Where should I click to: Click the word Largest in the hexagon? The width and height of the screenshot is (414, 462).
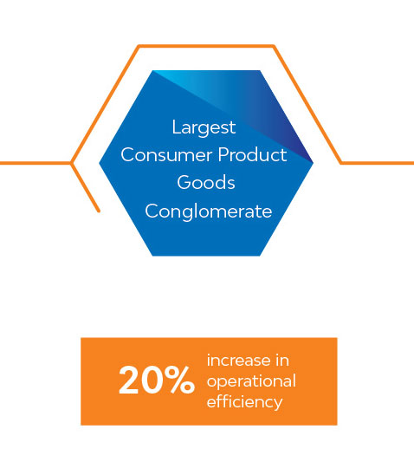tap(204, 128)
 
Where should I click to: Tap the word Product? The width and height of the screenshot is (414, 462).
tap(252, 154)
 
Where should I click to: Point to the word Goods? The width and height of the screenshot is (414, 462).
tap(206, 182)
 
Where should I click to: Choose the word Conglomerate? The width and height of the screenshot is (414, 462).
tap(209, 211)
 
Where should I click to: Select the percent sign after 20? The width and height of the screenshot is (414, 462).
tap(179, 380)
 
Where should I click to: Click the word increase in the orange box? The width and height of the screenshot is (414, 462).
tap(238, 361)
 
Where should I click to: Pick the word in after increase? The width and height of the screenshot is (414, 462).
tap(282, 361)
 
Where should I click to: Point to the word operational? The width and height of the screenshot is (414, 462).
tap(251, 382)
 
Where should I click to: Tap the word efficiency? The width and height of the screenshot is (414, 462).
tap(245, 402)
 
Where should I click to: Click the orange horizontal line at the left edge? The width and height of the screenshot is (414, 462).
tap(36, 163)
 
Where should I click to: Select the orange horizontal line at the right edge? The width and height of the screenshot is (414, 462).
tap(378, 163)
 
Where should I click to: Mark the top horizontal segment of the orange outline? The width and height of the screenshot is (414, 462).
tap(206, 46)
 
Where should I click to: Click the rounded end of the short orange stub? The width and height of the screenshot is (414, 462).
tap(99, 211)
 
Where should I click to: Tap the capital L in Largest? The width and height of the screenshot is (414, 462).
tap(176, 127)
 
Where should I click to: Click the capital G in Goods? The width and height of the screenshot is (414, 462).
tap(184, 182)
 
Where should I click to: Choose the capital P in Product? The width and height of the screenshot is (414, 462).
tap(223, 154)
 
